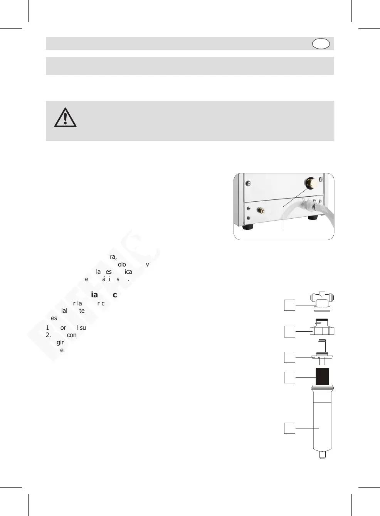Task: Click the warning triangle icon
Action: click(65, 118)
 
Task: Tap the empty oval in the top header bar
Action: click(321, 44)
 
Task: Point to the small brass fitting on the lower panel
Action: click(261, 211)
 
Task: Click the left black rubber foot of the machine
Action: click(247, 227)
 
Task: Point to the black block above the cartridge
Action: click(322, 377)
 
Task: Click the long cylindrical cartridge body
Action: click(322, 424)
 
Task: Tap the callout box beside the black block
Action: click(289, 377)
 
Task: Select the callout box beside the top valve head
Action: click(289, 305)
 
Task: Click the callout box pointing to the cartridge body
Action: click(289, 428)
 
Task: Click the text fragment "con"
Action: click(72, 335)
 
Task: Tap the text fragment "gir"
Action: click(60, 342)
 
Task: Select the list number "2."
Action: click(48, 335)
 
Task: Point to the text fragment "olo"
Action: click(122, 265)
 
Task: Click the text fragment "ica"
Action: click(128, 272)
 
